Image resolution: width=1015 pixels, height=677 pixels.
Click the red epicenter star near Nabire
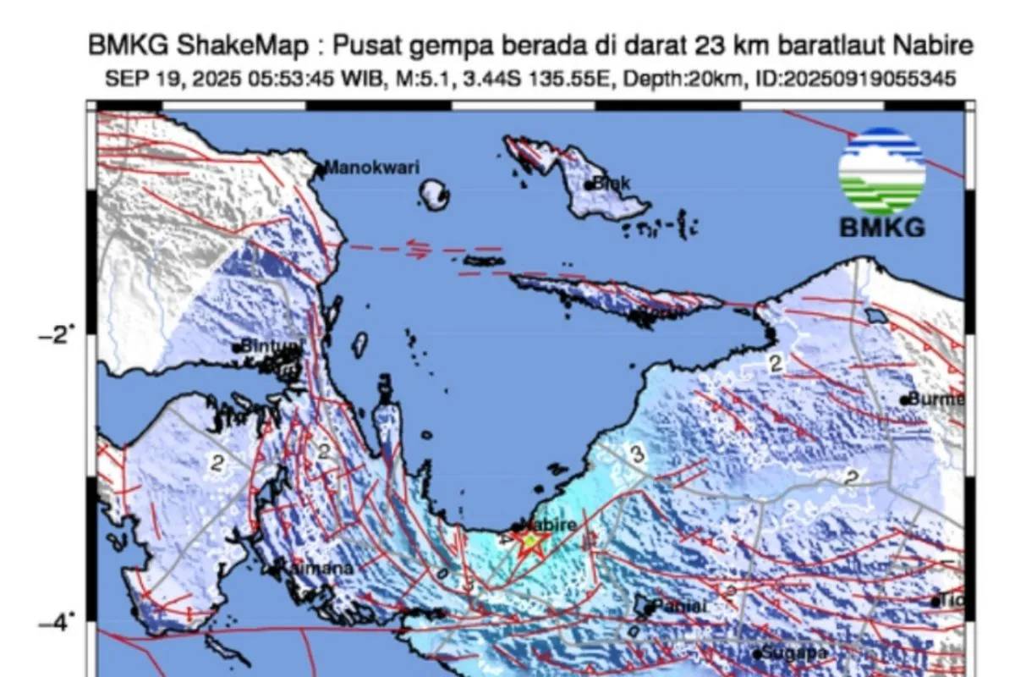point(530,542)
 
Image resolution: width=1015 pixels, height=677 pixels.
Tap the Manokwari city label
point(372,168)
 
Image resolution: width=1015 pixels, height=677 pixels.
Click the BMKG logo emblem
point(881,172)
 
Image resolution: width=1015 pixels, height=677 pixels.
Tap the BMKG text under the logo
point(881,228)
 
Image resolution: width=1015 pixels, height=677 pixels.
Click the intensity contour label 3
point(637,455)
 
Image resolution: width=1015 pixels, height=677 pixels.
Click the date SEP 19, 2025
point(160,79)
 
